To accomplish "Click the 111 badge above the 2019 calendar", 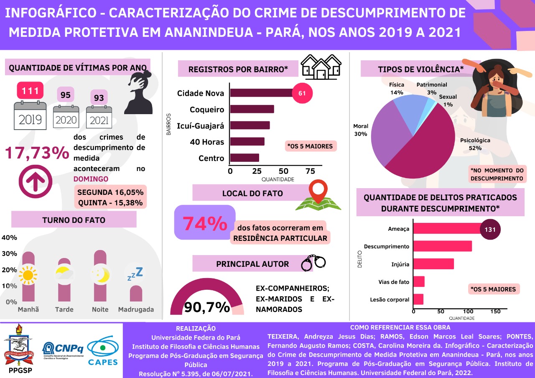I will point(30,90).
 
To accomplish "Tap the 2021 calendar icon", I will point(99,117).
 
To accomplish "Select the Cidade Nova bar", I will point(261,93).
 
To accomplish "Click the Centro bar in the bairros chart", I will point(245,158).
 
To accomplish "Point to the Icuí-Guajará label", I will point(201,125).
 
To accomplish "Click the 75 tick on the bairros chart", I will point(310,171).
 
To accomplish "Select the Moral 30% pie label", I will point(360,130).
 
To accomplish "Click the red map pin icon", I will point(319,192).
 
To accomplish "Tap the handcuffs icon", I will point(313,263).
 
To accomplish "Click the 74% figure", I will point(204,224).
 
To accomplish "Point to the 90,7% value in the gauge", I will point(207,307).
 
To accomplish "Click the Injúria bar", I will point(433,264).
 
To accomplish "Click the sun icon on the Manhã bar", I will point(28,275).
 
